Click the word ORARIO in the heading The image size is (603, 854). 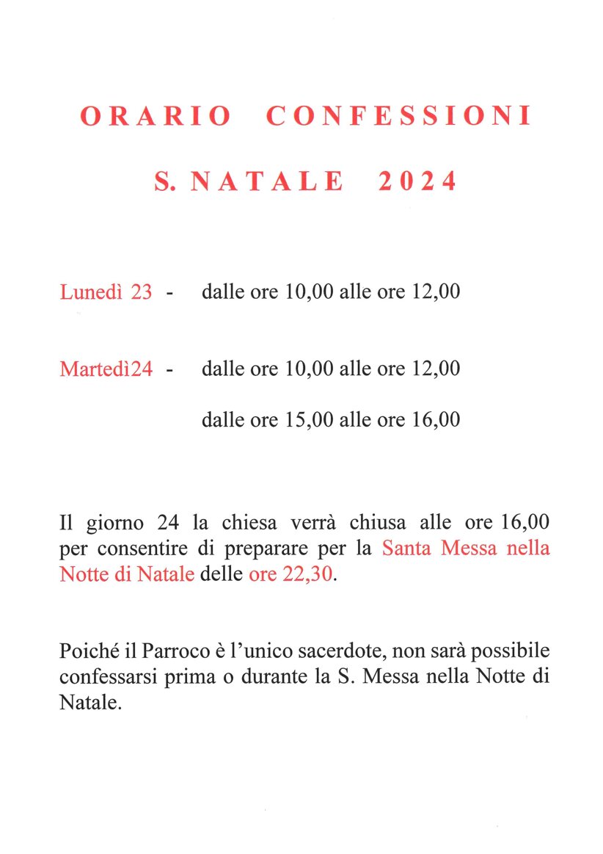(156, 117)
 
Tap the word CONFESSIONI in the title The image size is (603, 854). (398, 117)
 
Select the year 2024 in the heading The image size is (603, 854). (417, 181)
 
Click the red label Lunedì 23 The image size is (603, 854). (106, 292)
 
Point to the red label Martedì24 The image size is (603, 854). (106, 368)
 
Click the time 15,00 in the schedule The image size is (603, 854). (310, 420)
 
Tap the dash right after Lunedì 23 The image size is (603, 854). (170, 293)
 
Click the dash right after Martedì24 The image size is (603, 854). (170, 369)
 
